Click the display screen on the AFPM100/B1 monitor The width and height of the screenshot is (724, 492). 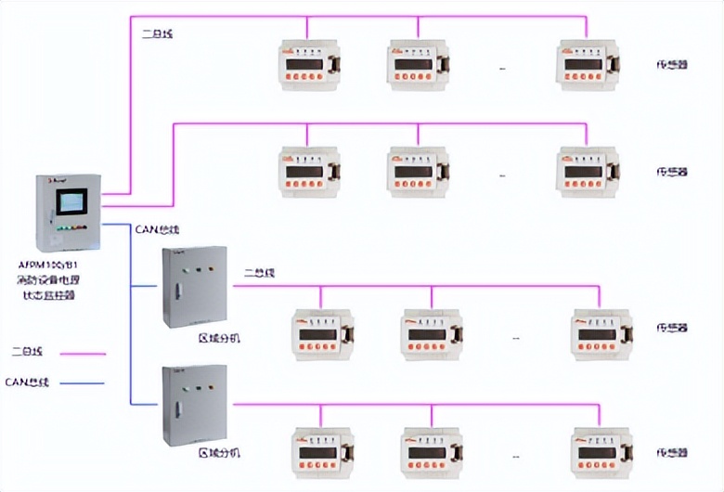click(x=71, y=202)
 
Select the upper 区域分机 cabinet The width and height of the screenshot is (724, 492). click(x=194, y=287)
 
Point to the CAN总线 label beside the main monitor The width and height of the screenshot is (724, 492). click(x=157, y=229)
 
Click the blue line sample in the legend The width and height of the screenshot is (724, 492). click(x=82, y=382)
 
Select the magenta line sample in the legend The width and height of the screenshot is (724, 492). click(x=82, y=353)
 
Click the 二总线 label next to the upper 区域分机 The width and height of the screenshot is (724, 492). click(x=259, y=274)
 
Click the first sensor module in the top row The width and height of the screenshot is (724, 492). click(x=307, y=63)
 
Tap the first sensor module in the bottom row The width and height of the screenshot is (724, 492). click(x=321, y=450)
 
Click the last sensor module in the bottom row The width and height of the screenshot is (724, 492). click(x=601, y=450)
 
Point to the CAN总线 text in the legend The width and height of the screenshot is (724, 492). click(x=27, y=382)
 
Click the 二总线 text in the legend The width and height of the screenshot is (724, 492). click(x=27, y=353)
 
